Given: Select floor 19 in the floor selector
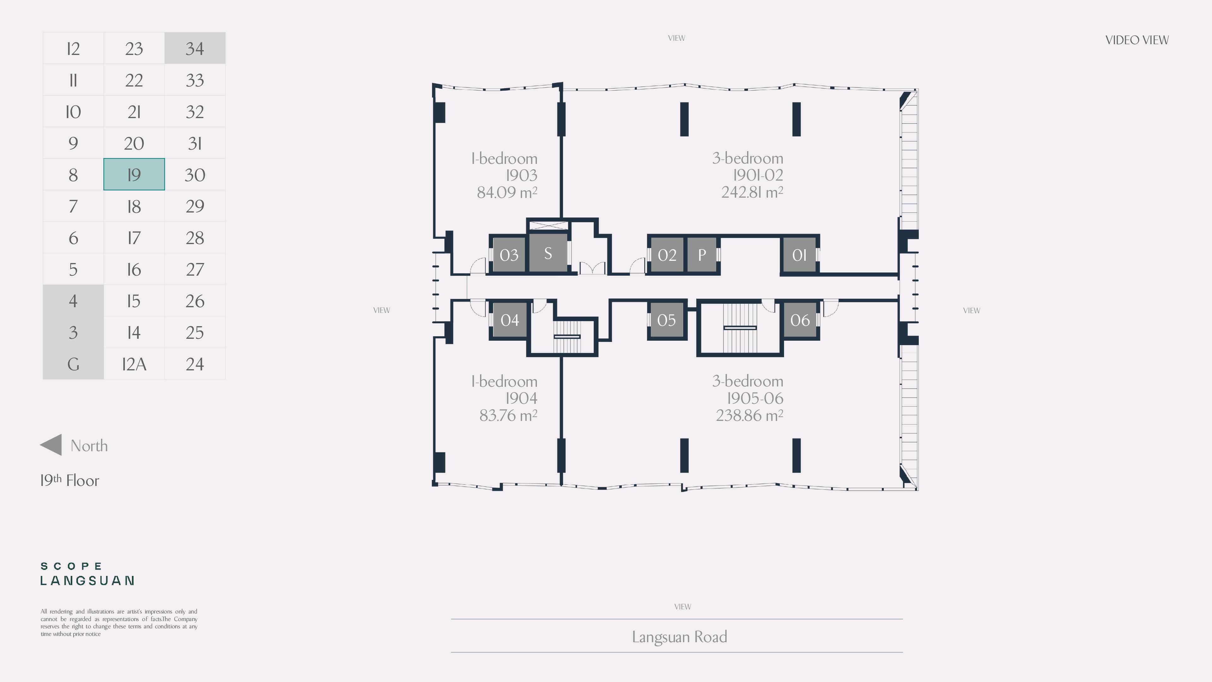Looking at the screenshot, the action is [134, 174].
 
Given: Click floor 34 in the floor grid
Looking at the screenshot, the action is [195, 48].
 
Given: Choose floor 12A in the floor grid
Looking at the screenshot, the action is [134, 364].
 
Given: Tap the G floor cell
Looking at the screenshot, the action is [73, 364].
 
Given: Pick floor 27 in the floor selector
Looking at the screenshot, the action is [195, 269].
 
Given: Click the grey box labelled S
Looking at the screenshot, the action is [548, 253].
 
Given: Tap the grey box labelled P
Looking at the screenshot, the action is [702, 254].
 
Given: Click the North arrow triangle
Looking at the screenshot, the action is [51, 445].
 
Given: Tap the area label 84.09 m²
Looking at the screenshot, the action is [507, 192].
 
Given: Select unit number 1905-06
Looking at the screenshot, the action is [755, 398].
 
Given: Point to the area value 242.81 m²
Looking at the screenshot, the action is [752, 192].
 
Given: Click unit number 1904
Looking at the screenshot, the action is [521, 398].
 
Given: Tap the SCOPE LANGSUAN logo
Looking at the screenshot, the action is [87, 574].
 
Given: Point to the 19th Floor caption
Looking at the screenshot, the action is [70, 480].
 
